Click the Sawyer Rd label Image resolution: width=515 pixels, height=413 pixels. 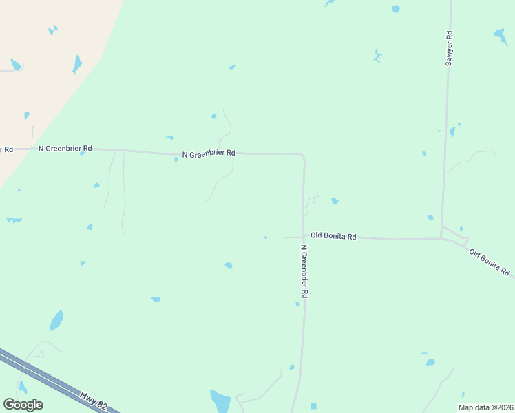pyautogui.click(x=449, y=48)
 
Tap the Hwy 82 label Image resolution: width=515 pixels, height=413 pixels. pyautogui.click(x=93, y=401)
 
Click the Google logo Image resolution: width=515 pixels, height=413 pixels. pyautogui.click(x=23, y=405)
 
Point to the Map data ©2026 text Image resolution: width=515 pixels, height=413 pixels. pyautogui.click(x=485, y=407)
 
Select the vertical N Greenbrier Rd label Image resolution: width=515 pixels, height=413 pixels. pyautogui.click(x=304, y=271)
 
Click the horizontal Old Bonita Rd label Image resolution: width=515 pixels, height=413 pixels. pyautogui.click(x=333, y=236)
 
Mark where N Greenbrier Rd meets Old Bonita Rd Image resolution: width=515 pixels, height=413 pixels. pyautogui.click(x=303, y=237)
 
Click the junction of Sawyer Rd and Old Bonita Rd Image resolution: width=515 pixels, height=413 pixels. pyautogui.click(x=441, y=238)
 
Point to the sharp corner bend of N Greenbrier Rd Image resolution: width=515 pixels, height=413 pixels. pyautogui.click(x=302, y=155)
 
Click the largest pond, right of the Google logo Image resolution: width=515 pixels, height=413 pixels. pyautogui.click(x=220, y=400)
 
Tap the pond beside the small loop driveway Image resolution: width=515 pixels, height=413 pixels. pyautogui.click(x=335, y=201)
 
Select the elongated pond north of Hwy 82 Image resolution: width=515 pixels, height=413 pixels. pyautogui.click(x=56, y=320)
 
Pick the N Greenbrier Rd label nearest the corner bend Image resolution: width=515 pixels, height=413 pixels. pyautogui.click(x=209, y=153)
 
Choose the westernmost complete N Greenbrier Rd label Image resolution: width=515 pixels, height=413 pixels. pyautogui.click(x=65, y=148)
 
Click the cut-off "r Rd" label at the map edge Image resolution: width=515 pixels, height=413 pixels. pyautogui.click(x=6, y=149)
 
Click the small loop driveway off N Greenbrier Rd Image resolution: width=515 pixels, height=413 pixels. pyautogui.click(x=313, y=200)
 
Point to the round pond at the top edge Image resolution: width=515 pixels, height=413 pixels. pyautogui.click(x=395, y=9)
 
